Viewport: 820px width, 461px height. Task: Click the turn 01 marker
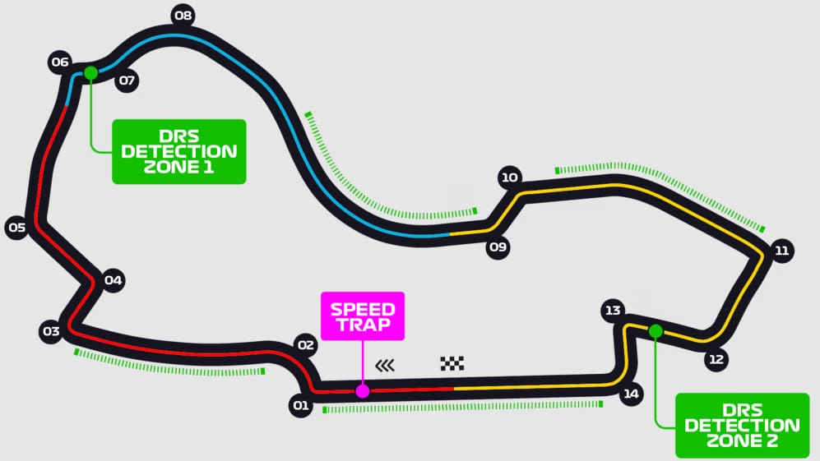click(301, 405)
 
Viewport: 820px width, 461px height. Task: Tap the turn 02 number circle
click(306, 345)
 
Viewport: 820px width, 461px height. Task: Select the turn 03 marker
click(51, 332)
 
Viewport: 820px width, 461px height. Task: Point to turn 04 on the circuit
click(114, 281)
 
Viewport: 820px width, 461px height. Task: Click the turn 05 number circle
click(16, 228)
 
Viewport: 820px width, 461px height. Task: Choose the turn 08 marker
click(183, 16)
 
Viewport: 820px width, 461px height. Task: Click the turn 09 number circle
click(498, 247)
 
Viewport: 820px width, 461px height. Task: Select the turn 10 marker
click(510, 177)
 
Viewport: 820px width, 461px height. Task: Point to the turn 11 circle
click(781, 251)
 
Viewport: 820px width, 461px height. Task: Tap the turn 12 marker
click(716, 359)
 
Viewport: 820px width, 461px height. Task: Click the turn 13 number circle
click(612, 311)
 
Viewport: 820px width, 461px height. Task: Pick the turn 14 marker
click(631, 394)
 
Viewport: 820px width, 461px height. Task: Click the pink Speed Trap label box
click(363, 316)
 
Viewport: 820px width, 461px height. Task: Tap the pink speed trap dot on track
click(363, 390)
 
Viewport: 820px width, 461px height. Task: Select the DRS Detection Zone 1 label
click(178, 151)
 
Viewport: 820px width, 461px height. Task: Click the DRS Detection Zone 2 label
click(741, 425)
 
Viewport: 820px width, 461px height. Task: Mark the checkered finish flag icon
click(452, 363)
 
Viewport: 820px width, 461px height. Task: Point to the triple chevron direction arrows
click(384, 365)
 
